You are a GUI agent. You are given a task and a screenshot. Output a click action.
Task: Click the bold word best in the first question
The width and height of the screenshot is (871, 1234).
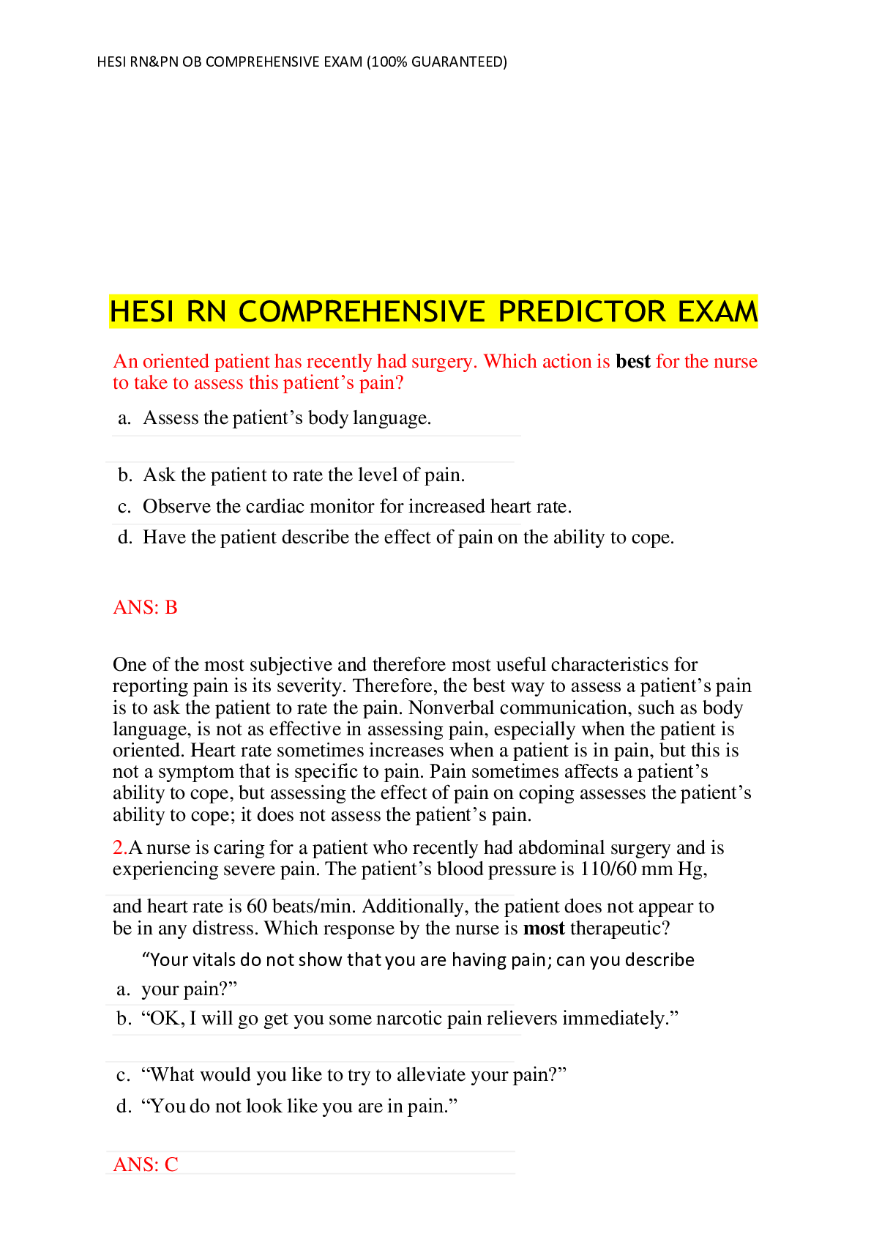[633, 362]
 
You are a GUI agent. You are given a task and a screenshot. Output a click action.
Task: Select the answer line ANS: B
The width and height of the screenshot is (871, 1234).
[145, 607]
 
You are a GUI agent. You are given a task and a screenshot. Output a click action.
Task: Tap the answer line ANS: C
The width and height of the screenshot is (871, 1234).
[146, 1164]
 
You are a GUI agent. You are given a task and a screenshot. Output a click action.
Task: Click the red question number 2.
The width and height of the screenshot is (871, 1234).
[119, 848]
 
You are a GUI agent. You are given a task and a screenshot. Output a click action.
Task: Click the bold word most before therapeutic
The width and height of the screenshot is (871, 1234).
[544, 929]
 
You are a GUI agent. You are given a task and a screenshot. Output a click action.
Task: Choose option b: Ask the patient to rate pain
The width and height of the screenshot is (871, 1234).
[303, 475]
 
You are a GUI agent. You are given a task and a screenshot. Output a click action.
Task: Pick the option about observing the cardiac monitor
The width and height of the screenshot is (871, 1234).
[356, 507]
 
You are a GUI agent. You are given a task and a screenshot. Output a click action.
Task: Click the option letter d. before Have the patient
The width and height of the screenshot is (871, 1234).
[125, 538]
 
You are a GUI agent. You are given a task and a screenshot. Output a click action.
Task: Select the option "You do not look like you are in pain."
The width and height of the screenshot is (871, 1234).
[299, 1106]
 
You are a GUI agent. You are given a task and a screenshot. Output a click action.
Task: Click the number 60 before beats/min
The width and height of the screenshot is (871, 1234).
[257, 907]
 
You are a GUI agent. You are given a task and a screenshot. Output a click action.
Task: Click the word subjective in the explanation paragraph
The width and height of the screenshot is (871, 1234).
[291, 665]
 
